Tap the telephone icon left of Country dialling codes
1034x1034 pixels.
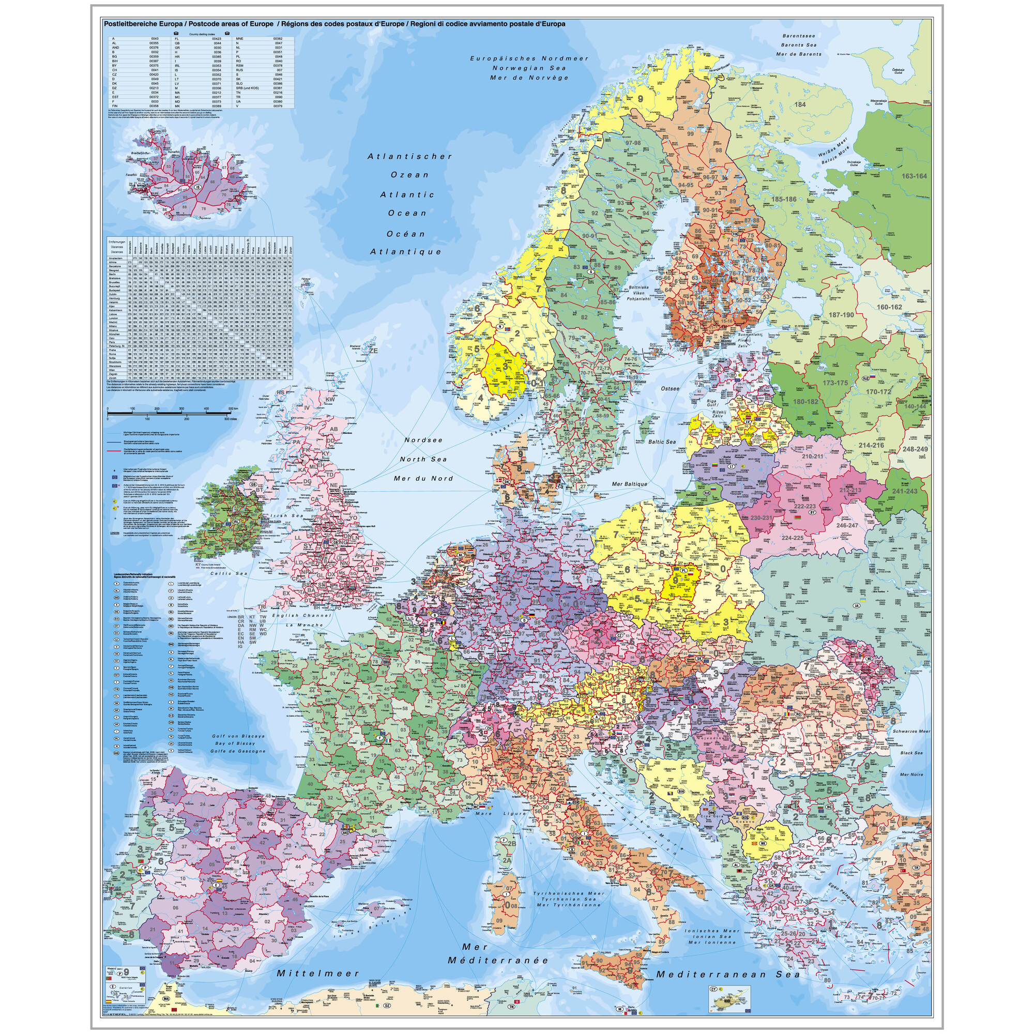(x=176, y=33)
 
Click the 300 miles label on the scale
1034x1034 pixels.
(x=230, y=419)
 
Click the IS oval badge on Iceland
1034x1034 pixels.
(x=197, y=187)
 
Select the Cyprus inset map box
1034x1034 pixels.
(x=729, y=995)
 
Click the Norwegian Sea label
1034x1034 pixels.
(x=529, y=68)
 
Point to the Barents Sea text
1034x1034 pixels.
(x=799, y=45)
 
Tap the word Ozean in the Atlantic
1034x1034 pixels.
(x=409, y=174)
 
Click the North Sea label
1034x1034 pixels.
(x=423, y=459)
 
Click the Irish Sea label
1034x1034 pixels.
(x=290, y=516)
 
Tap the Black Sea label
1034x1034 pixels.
(x=911, y=753)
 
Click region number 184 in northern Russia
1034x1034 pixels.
(x=800, y=104)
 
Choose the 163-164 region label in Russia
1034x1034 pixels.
(x=914, y=176)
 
